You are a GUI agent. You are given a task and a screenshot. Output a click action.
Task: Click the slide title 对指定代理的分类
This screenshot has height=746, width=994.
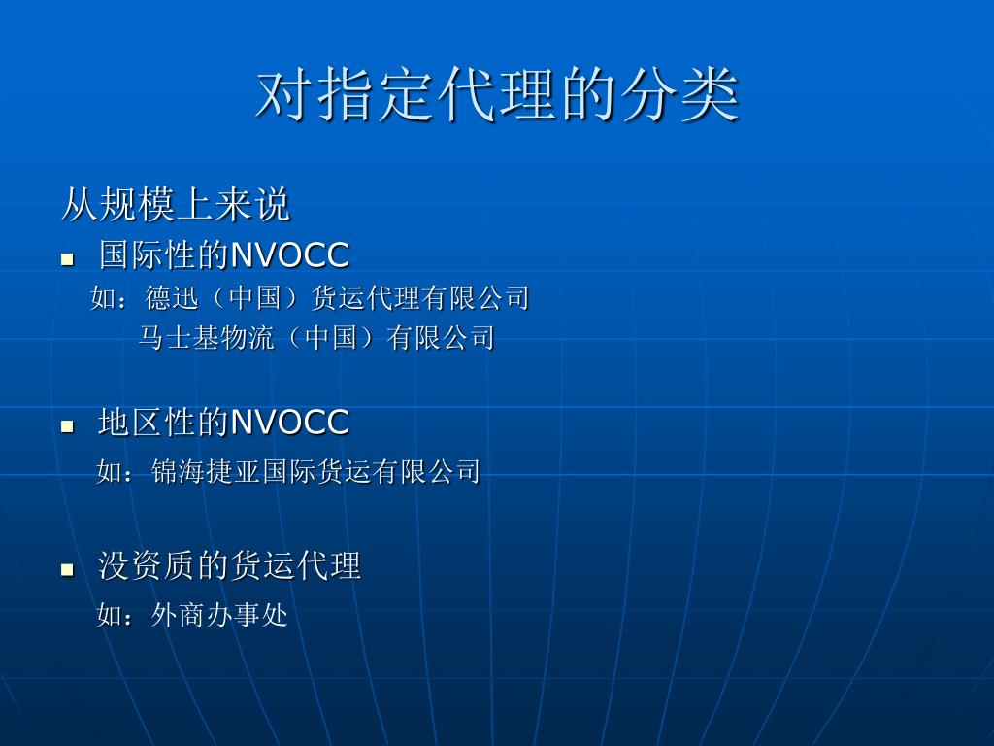click(x=497, y=95)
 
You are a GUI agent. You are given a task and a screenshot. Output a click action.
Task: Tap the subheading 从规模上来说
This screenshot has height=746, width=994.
click(x=176, y=204)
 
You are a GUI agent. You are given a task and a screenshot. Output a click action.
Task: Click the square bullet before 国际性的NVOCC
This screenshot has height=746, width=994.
click(x=67, y=258)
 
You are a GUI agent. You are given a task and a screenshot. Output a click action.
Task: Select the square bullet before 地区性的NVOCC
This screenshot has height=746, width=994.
click(x=67, y=426)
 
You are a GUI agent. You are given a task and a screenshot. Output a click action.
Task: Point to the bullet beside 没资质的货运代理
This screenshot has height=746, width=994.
click(x=67, y=569)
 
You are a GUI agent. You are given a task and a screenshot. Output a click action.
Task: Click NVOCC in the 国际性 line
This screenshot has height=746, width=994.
click(x=289, y=255)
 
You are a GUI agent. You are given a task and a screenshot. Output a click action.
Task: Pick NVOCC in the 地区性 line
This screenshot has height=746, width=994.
click(x=289, y=423)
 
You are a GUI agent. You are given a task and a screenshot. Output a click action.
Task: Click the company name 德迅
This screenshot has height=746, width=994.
click(x=172, y=298)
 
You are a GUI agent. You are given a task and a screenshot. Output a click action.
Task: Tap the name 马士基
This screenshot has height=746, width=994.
click(x=179, y=337)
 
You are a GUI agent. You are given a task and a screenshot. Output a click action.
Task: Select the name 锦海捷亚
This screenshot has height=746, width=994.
click(x=206, y=471)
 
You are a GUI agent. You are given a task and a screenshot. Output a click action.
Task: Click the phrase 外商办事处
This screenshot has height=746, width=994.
click(x=219, y=615)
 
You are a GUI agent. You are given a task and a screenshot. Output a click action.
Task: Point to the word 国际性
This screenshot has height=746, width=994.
click(x=147, y=255)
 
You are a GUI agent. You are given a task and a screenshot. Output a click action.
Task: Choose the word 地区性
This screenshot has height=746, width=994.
click(x=147, y=422)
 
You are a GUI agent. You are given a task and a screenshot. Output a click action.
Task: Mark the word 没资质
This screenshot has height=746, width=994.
click(x=147, y=565)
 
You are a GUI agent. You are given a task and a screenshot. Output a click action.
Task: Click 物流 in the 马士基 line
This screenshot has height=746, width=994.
click(x=248, y=337)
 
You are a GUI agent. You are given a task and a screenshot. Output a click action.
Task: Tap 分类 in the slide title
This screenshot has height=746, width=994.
click(x=679, y=95)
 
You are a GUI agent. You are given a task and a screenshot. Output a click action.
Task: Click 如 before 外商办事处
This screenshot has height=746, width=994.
click(x=109, y=615)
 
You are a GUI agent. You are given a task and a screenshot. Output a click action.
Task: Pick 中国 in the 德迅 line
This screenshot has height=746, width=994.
click(x=255, y=298)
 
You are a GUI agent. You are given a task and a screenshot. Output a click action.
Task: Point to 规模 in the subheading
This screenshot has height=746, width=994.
click(x=137, y=204)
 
